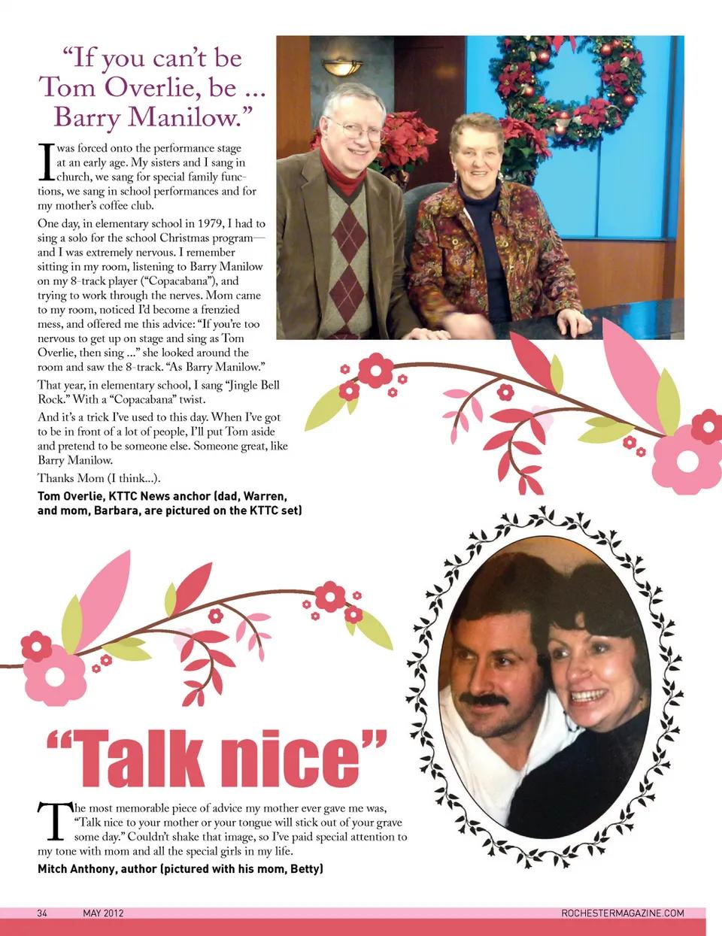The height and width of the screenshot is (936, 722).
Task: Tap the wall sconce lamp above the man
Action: coord(342,67)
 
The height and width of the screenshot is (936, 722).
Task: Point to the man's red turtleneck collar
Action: coord(342,174)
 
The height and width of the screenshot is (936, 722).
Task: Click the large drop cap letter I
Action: coord(45,162)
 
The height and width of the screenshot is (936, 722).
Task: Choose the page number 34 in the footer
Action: coord(42,913)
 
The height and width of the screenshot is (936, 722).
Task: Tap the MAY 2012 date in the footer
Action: coord(103,913)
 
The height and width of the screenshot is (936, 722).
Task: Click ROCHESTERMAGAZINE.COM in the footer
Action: coord(623,913)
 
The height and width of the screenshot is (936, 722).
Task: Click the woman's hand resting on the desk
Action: coord(573,323)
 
